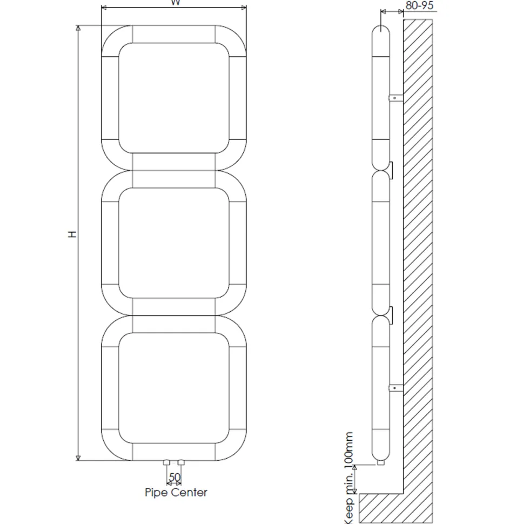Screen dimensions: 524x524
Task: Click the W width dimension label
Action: pos(176,3)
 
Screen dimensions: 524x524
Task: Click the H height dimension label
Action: pos(72,234)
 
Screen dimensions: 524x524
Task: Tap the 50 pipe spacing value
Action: pos(174,477)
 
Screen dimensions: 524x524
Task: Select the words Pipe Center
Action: pos(176,492)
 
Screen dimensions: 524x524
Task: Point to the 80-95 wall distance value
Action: pos(419,5)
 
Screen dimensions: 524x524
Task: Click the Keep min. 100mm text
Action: pos(348,478)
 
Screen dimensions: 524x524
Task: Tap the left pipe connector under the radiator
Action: pos(166,462)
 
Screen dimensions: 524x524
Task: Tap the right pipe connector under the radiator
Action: pos(181,462)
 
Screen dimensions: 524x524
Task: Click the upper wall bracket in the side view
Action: pos(396,98)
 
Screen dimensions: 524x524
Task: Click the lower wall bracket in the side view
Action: pos(396,388)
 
